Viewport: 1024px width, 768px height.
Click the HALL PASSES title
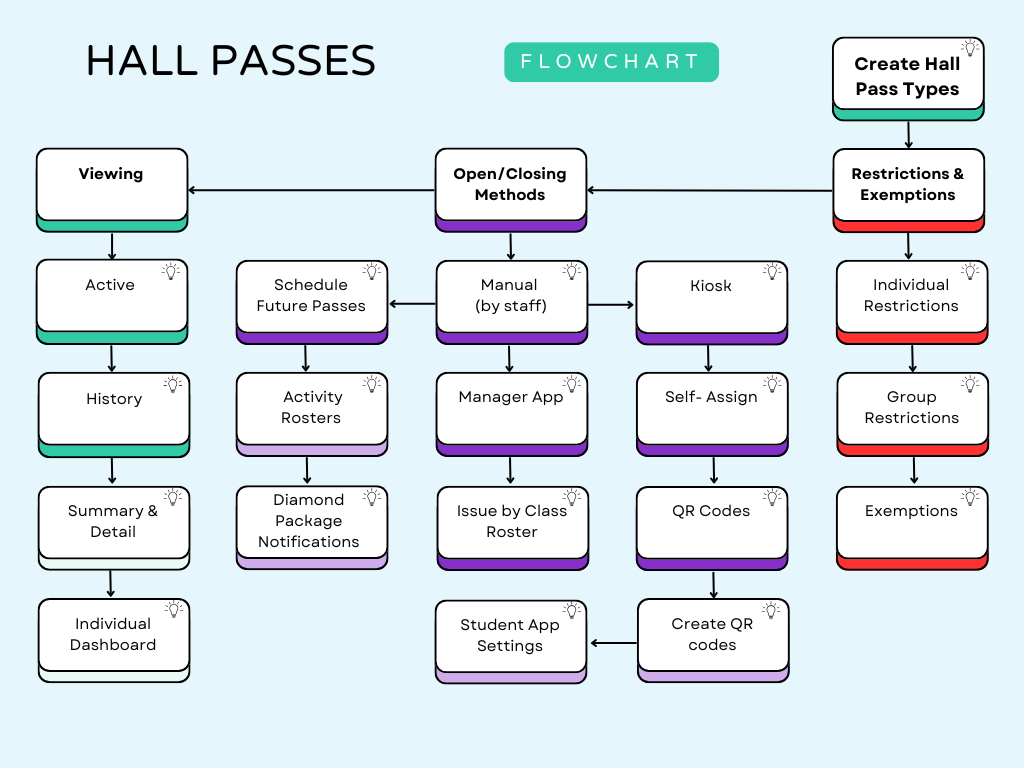tap(231, 61)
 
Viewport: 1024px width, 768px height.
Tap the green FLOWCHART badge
tap(611, 61)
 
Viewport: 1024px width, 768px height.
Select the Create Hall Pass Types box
tap(908, 77)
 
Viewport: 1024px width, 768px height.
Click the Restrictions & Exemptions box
tap(908, 184)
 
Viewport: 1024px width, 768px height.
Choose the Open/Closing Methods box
tap(510, 184)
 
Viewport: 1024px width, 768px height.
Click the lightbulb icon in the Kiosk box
tap(771, 271)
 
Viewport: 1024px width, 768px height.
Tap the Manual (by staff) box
tap(511, 296)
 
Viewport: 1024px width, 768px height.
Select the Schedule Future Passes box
tap(311, 296)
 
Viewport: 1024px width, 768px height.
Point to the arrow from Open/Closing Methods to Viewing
tap(311, 190)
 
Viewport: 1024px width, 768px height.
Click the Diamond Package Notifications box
tap(311, 523)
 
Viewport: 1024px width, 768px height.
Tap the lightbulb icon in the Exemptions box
tap(969, 497)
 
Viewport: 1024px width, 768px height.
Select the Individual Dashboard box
tap(113, 636)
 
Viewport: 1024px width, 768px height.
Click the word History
tap(114, 399)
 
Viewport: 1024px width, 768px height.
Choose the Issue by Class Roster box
tap(512, 523)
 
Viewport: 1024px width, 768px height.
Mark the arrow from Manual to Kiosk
tap(611, 304)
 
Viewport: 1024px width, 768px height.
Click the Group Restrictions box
tap(911, 409)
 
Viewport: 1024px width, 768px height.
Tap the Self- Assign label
tap(711, 397)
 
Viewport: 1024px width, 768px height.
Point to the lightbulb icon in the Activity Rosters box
tap(371, 384)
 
